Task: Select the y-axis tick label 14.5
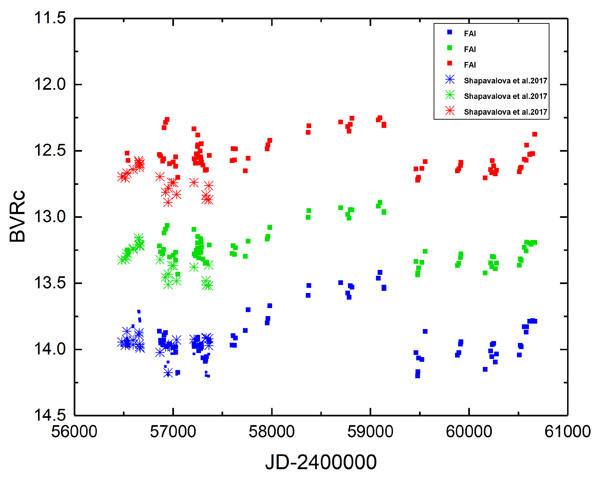point(50,415)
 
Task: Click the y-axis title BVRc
point(17,216)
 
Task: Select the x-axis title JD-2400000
point(321,462)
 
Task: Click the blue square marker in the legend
point(450,33)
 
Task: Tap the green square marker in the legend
point(450,48)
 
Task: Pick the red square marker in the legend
point(450,64)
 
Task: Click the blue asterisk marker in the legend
point(450,80)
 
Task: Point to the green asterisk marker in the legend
point(450,95)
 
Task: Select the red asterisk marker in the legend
point(450,111)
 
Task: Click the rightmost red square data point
point(535,134)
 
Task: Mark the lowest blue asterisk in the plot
point(168,373)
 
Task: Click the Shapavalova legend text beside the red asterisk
point(505,112)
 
